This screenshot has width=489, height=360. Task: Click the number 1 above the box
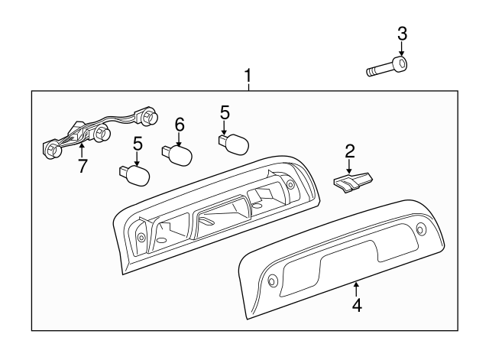click(248, 76)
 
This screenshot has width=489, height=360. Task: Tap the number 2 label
click(349, 150)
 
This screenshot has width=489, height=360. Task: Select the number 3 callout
click(402, 34)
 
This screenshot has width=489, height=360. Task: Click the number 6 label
click(180, 124)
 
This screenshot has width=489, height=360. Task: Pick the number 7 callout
click(83, 166)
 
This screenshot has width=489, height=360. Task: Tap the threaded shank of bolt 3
click(378, 71)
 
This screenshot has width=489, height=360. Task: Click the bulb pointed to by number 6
click(179, 156)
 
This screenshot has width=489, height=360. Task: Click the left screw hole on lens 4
click(271, 284)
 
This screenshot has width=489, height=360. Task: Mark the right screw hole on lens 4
click(421, 230)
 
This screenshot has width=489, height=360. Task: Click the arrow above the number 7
click(82, 147)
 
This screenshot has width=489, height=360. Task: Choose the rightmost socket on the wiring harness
click(147, 118)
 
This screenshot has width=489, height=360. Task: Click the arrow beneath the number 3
click(402, 48)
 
